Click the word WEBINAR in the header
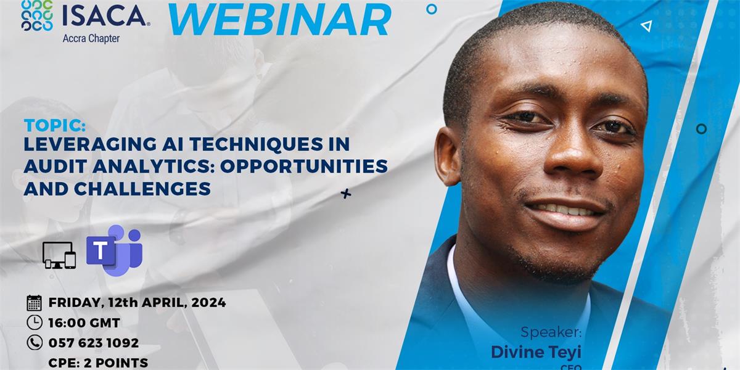click(x=279, y=20)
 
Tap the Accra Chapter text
click(x=91, y=38)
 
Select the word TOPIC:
click(x=54, y=126)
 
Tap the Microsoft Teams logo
click(x=115, y=250)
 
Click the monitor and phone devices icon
click(x=59, y=255)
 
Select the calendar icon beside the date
click(x=35, y=303)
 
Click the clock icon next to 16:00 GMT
click(x=35, y=323)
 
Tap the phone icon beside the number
click(x=35, y=343)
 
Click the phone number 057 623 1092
click(x=94, y=343)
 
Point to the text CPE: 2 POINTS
click(x=98, y=363)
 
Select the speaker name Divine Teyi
click(x=536, y=351)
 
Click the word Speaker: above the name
click(x=551, y=332)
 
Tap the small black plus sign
click(x=346, y=194)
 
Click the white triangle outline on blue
click(x=646, y=26)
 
